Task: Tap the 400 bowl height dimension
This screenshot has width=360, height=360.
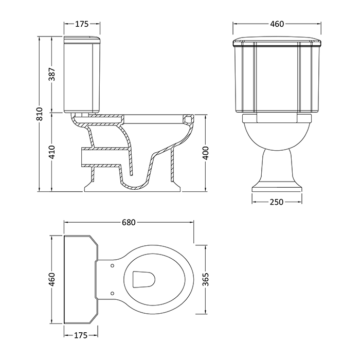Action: click(x=206, y=152)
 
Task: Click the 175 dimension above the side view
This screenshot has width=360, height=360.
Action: click(x=82, y=24)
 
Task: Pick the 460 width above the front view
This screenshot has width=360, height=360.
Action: click(x=277, y=24)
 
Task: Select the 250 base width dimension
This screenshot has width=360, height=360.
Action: click(x=277, y=202)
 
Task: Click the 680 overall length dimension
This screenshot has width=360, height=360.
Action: click(x=129, y=223)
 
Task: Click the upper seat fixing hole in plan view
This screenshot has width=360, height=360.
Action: click(x=112, y=265)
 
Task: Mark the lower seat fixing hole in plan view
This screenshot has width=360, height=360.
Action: click(x=112, y=293)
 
